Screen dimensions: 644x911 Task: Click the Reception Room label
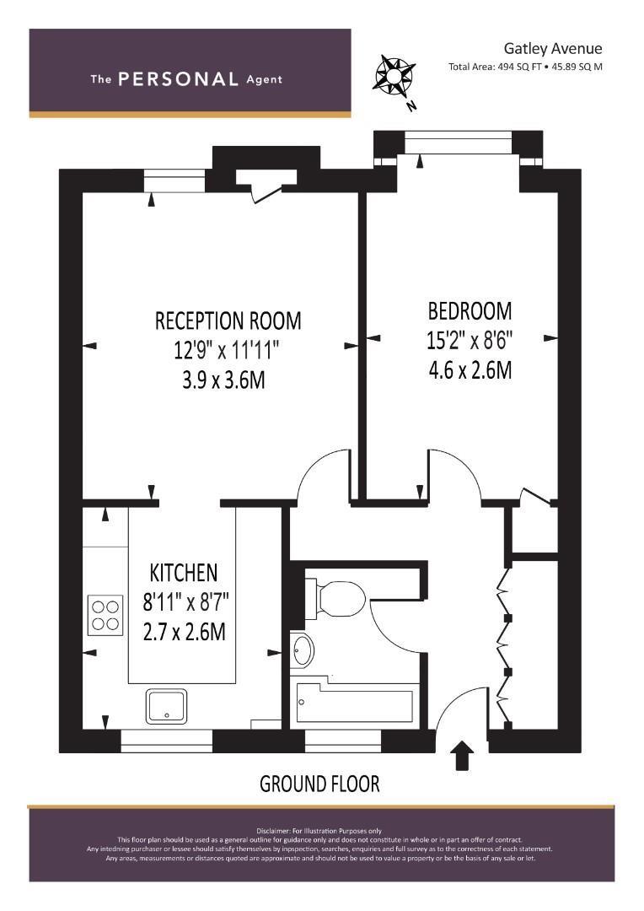click(x=228, y=321)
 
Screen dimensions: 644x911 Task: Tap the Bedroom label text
click(x=470, y=310)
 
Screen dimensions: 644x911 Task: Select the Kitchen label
click(x=184, y=573)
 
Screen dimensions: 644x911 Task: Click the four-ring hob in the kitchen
click(x=105, y=616)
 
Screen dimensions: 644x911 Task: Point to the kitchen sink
click(x=167, y=707)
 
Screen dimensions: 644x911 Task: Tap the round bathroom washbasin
click(x=303, y=650)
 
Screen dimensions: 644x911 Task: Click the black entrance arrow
click(x=463, y=755)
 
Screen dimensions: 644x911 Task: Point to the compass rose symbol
click(x=394, y=75)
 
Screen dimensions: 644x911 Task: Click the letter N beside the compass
click(x=412, y=105)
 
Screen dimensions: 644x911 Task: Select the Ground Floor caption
click(x=319, y=784)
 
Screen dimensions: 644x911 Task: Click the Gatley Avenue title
click(x=553, y=49)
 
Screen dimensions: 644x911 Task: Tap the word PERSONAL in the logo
click(x=178, y=79)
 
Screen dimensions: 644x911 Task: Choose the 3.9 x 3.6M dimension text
click(x=223, y=380)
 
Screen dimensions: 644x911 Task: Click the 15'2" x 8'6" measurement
click(x=470, y=340)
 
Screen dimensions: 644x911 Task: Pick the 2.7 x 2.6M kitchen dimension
click(x=185, y=632)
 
